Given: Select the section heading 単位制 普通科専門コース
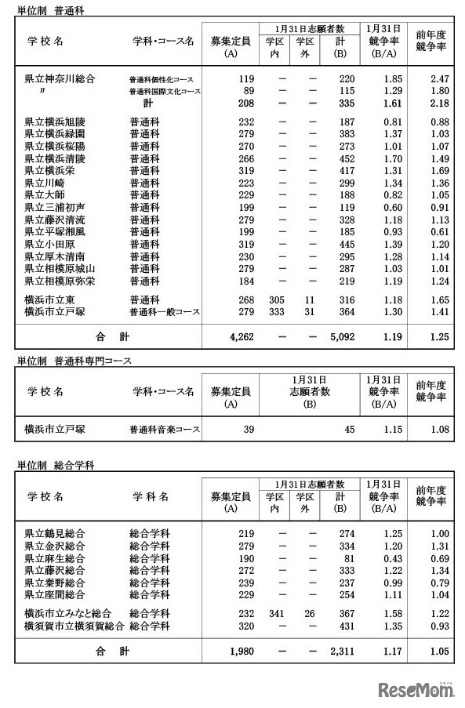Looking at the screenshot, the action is (74, 361).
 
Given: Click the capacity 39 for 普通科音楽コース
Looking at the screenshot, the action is (249, 429).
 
